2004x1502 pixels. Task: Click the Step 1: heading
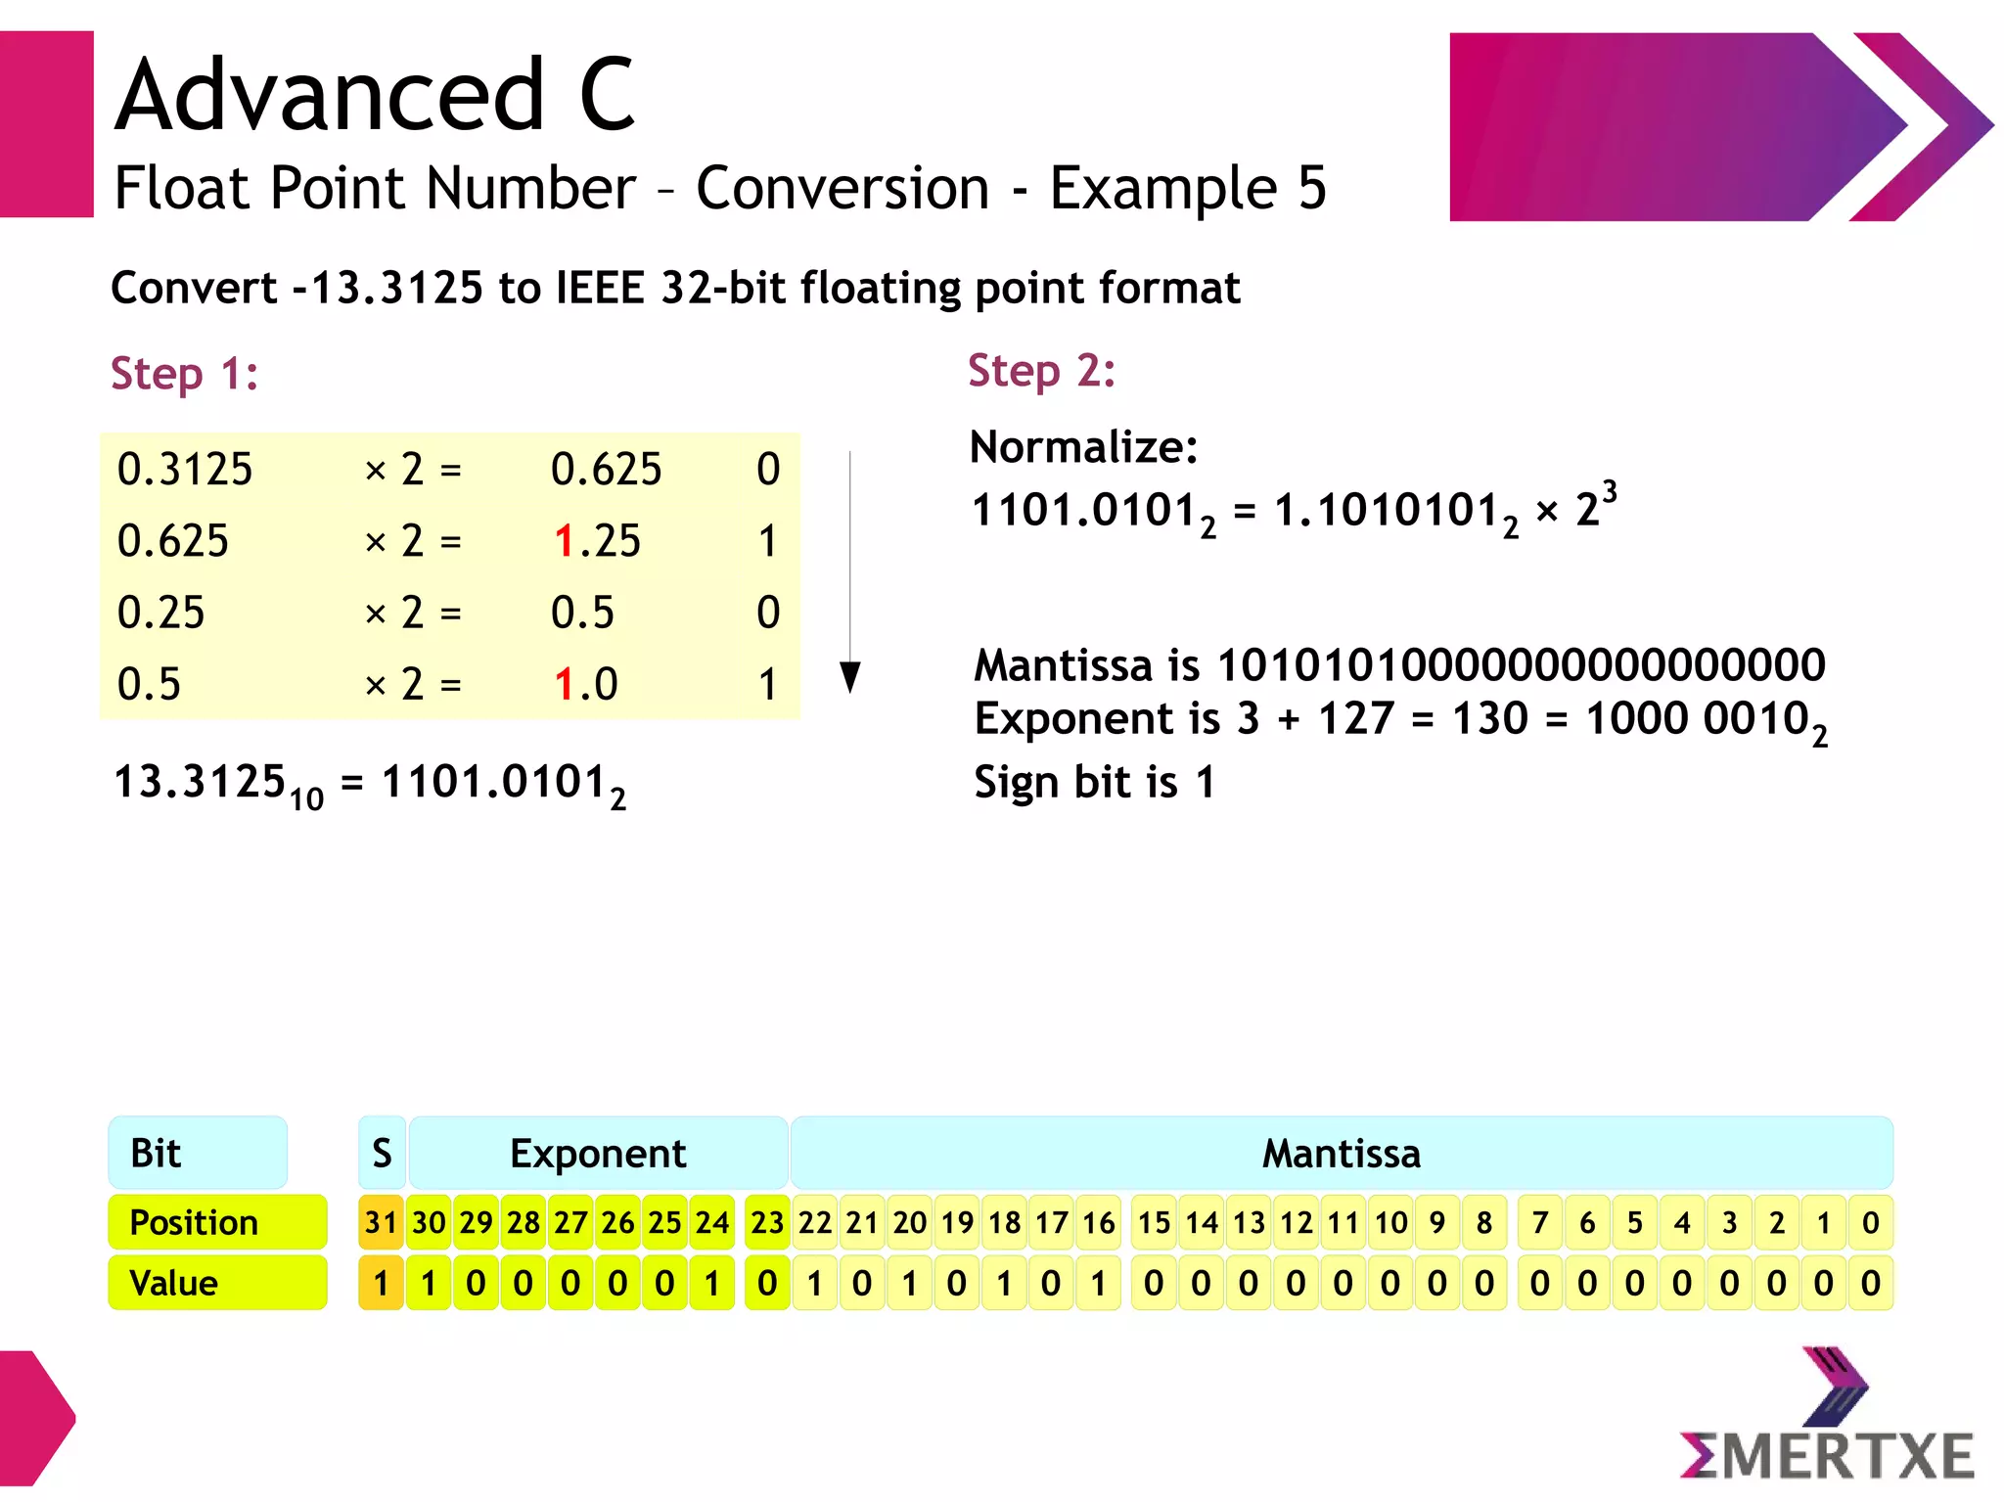[184, 374]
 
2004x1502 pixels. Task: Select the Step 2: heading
[1041, 371]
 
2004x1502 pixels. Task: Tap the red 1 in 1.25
[563, 541]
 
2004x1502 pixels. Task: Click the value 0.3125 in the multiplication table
[185, 470]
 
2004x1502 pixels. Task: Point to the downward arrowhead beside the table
[850, 676]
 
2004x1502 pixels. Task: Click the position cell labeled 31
[381, 1222]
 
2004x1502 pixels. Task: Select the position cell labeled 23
[767, 1222]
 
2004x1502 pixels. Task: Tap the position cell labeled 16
[1098, 1222]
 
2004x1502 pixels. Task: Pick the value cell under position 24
[711, 1283]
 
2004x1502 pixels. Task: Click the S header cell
[382, 1154]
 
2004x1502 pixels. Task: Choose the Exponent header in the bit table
[598, 1154]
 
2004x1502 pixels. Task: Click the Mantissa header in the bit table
[1341, 1154]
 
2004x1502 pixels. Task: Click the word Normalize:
[1083, 447]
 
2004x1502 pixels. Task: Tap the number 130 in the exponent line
[1489, 719]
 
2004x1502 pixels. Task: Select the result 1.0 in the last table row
[585, 684]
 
